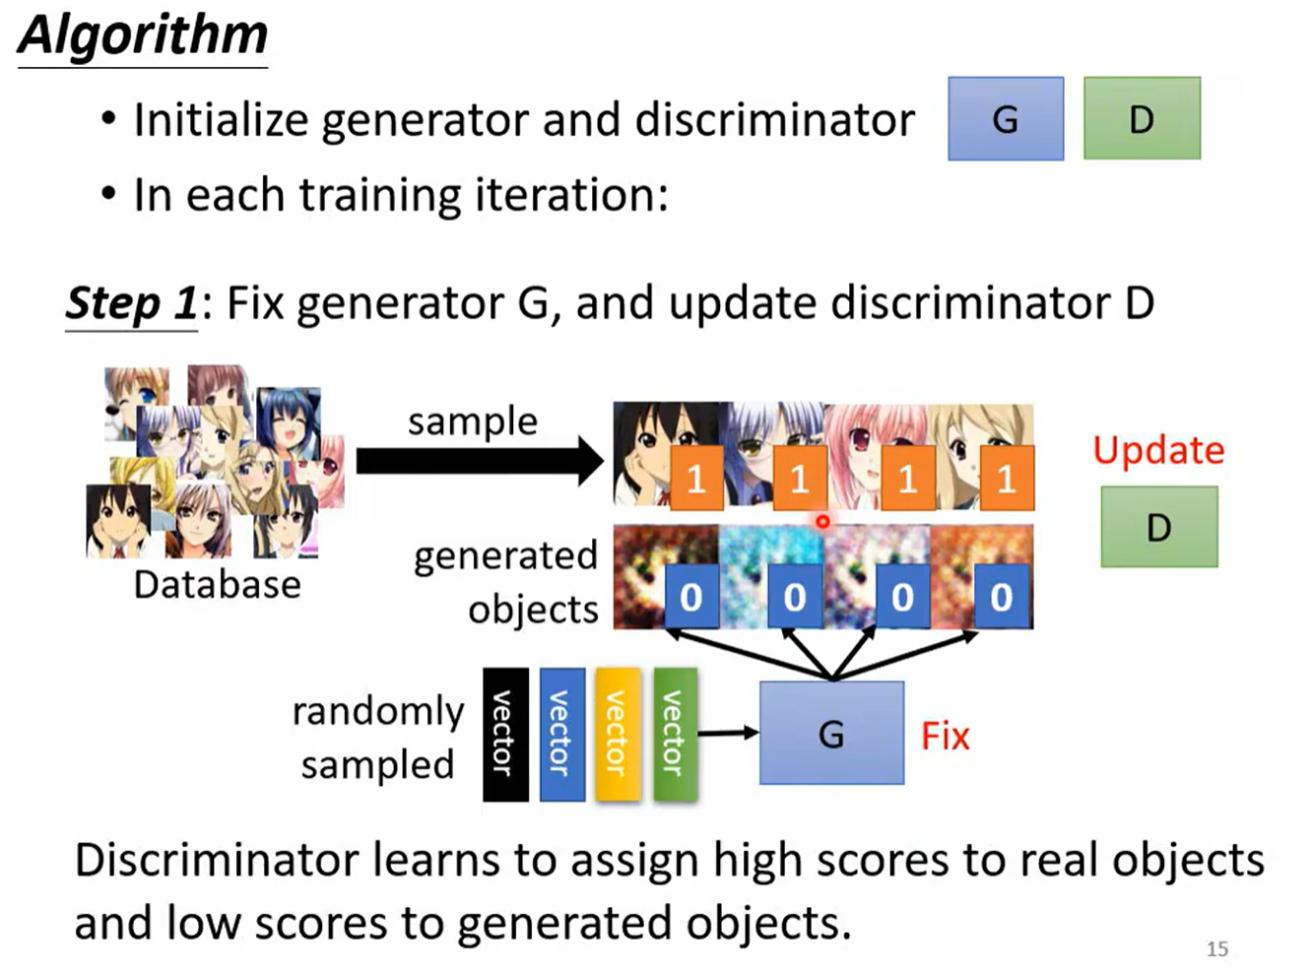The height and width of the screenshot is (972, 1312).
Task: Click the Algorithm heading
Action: [143, 35]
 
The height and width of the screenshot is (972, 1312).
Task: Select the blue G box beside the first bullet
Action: [1005, 119]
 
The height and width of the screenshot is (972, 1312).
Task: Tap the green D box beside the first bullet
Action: [1141, 119]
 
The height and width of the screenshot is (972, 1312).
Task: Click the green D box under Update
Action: [1158, 527]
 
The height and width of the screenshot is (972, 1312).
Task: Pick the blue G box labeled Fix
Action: [831, 734]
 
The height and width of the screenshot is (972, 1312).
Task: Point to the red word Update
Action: [1158, 450]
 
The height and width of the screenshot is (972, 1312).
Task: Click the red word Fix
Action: [945, 736]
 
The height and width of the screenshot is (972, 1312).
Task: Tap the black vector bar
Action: [505, 734]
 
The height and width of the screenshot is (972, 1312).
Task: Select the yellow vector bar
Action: [618, 734]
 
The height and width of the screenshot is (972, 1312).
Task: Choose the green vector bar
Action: [675, 734]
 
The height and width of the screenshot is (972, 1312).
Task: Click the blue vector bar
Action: [561, 734]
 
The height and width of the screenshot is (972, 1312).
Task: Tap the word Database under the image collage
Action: [217, 585]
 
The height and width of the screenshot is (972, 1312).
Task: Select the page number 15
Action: [1217, 948]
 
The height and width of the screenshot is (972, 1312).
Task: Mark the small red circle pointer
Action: [822, 521]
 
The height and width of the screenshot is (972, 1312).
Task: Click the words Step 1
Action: [131, 303]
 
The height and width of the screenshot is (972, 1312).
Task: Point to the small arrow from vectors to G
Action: [728, 733]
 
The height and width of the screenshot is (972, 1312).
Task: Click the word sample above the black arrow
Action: [473, 421]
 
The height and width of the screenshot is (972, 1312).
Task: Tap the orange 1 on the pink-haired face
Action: [907, 479]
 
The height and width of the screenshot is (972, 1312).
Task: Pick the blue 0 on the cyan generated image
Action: [795, 597]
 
